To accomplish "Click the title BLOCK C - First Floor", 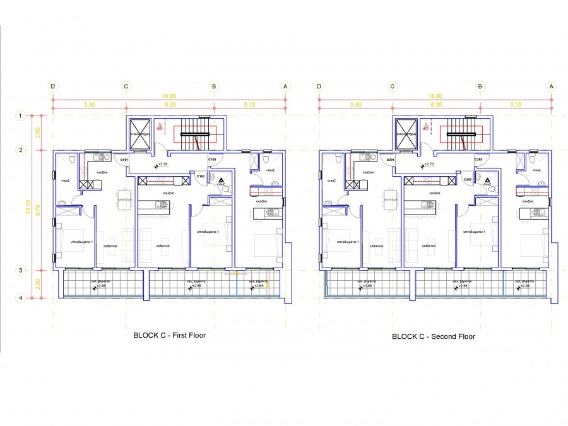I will point(169,335).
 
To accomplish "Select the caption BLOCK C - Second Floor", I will point(433,336).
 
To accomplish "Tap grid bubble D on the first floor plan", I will point(53,86).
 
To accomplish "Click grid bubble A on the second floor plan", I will point(552,86).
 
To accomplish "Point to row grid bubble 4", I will point(21,299).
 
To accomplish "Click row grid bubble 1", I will point(21,116).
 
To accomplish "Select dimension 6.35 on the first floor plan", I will point(170,104).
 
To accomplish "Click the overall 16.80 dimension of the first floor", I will point(169,96).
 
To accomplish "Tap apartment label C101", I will point(124,160).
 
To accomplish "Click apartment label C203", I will point(479,160).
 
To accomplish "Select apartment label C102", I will point(200,176).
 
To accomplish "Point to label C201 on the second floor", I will point(391,160).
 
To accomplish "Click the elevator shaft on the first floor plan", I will point(139,133).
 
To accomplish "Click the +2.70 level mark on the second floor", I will point(429,165).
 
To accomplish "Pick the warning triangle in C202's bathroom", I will point(488,180).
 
